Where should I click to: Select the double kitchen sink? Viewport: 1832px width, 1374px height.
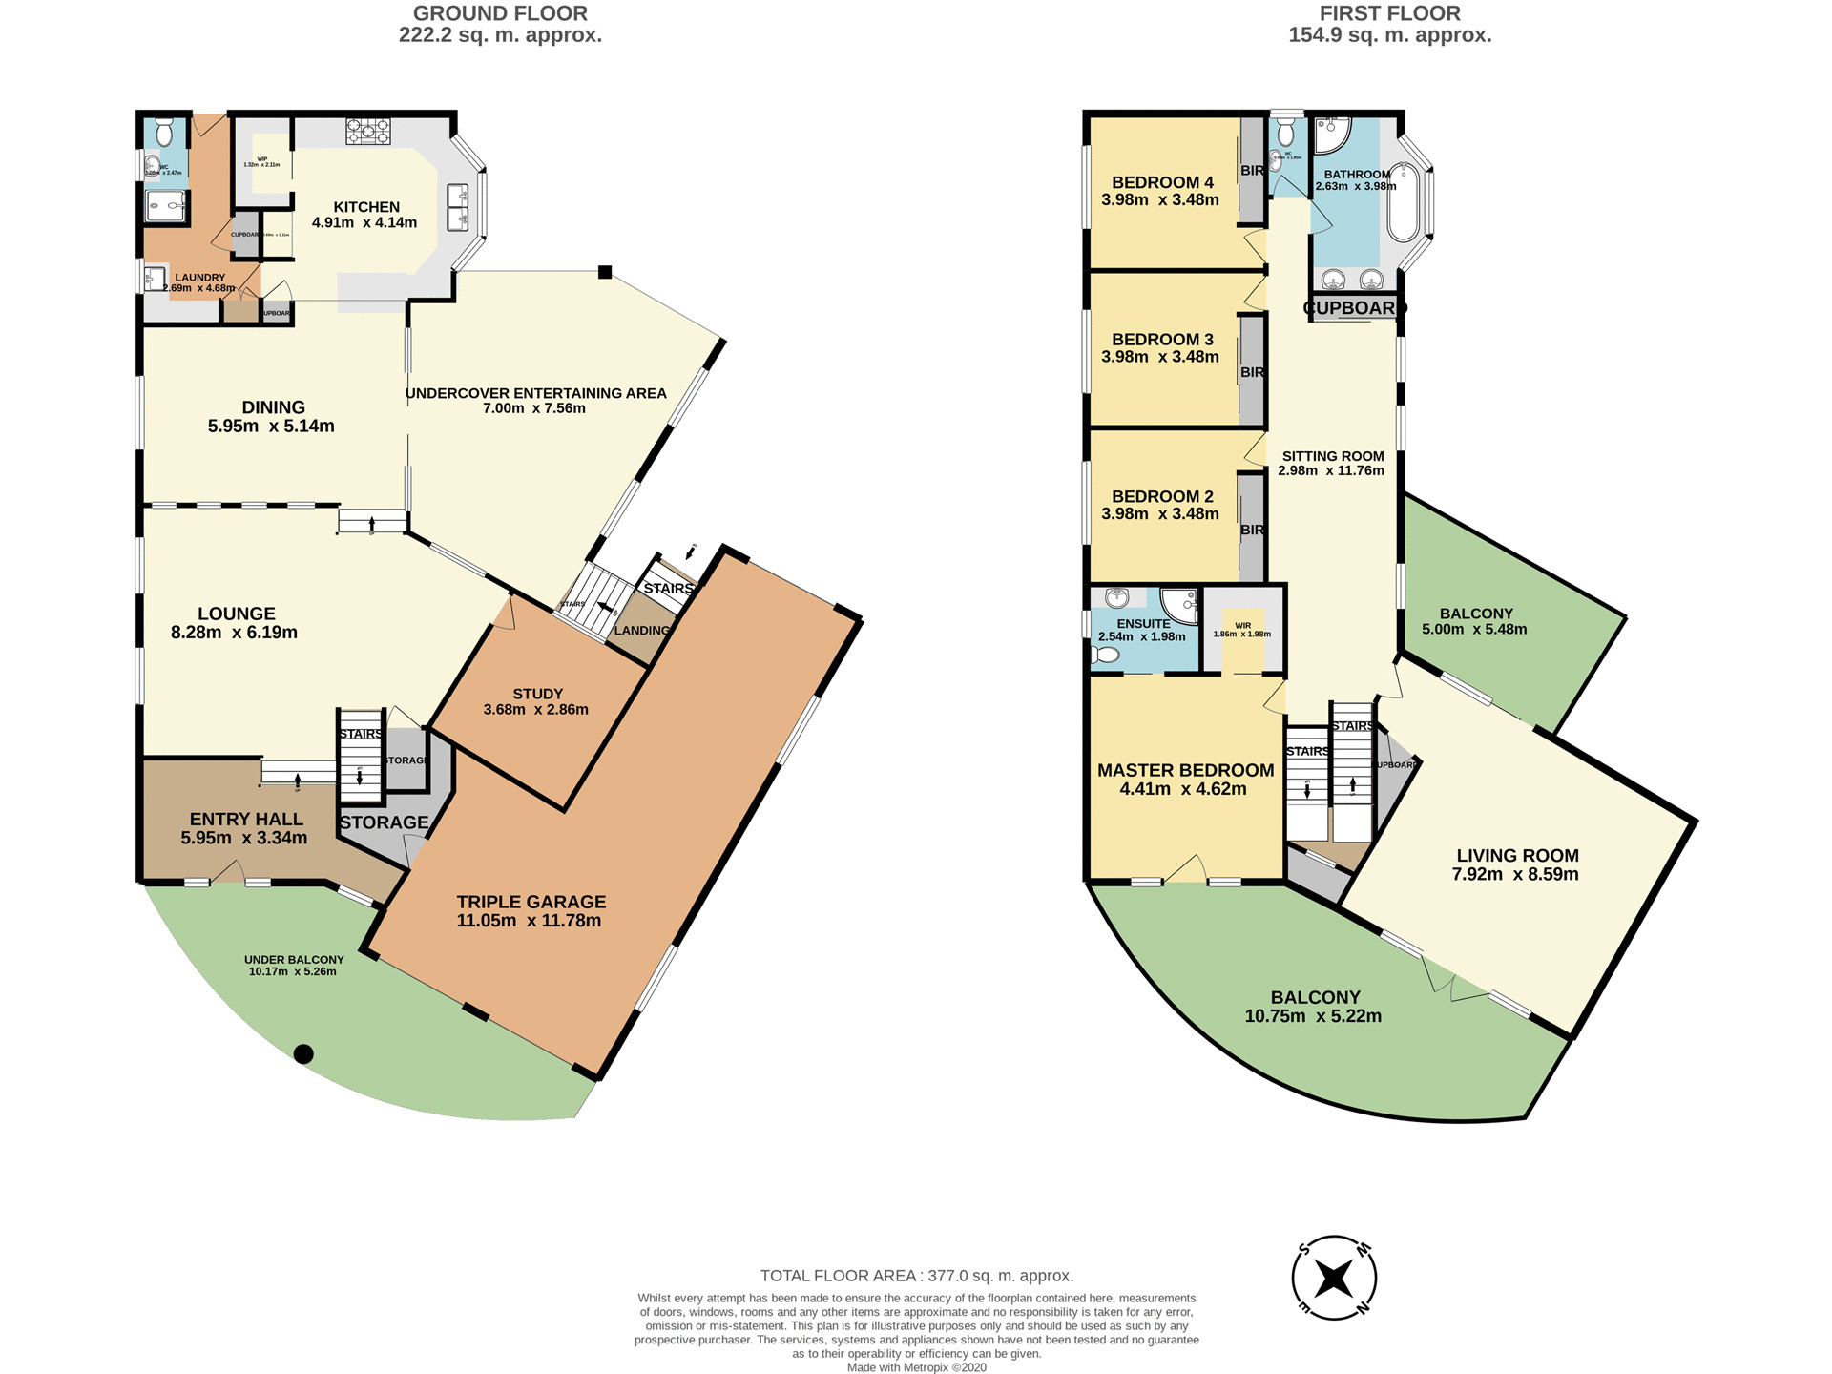click(x=457, y=207)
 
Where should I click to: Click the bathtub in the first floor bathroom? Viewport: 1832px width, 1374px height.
click(x=1403, y=202)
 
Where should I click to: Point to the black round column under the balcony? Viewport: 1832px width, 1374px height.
click(x=303, y=1054)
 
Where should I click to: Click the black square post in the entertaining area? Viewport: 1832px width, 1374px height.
click(x=605, y=273)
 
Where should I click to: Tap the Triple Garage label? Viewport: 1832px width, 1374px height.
click(x=531, y=902)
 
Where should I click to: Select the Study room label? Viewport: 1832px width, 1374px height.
click(x=537, y=694)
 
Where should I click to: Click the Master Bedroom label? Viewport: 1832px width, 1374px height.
click(x=1185, y=770)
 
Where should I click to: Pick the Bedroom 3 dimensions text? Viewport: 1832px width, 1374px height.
click(x=1159, y=357)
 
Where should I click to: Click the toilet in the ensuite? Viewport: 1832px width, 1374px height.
click(x=1107, y=656)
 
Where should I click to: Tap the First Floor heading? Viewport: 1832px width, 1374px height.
click(x=1389, y=13)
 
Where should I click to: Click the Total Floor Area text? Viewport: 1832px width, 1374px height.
click(x=916, y=1276)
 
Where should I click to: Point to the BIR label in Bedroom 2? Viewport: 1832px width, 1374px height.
click(x=1252, y=530)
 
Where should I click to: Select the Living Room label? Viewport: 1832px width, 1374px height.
click(x=1517, y=856)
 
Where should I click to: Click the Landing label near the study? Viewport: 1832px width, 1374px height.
click(x=641, y=631)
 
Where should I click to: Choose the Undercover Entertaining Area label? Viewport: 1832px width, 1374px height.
click(x=535, y=393)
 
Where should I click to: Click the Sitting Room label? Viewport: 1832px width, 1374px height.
click(x=1332, y=456)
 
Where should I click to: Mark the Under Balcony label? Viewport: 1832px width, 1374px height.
click(x=294, y=960)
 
